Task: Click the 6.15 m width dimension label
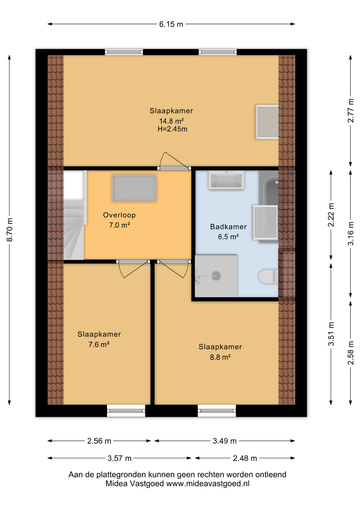pos(171,24)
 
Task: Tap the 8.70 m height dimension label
pos(10,230)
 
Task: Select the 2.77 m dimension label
pos(351,111)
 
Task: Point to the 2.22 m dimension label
pos(331,215)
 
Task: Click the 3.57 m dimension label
pos(119,458)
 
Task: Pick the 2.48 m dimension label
pos(245,458)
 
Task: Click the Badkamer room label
pos(228,227)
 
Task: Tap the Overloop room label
pos(119,215)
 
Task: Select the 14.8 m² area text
pos(171,121)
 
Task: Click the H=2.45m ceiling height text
pos(172,129)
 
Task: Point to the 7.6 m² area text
pos(99,344)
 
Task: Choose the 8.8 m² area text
pos(220,357)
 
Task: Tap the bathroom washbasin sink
pos(226,180)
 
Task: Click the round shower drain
pos(216,276)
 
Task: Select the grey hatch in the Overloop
pos(134,188)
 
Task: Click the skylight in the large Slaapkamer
pos(267,122)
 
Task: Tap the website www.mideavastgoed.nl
pos(208,484)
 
